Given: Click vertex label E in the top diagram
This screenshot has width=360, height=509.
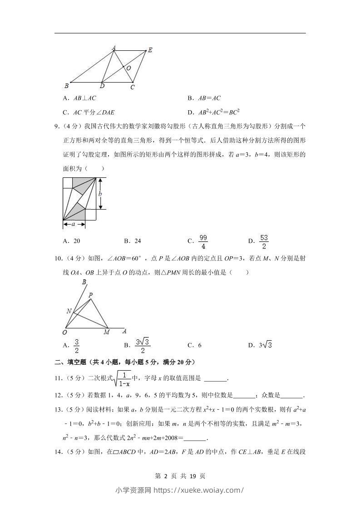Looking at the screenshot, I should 150,50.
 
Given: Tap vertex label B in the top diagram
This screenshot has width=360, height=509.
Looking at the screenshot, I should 66,85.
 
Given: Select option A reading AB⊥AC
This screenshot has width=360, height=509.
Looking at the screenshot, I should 80,98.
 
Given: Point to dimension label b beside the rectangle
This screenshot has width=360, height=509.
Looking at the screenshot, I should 100,194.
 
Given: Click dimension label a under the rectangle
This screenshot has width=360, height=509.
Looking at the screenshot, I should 73,224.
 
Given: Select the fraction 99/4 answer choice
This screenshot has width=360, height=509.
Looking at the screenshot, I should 203,241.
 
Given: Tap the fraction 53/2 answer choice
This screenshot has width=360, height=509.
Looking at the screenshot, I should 264,241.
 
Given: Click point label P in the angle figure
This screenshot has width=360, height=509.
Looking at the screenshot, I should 91,295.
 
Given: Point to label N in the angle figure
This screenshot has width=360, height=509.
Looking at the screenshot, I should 69,311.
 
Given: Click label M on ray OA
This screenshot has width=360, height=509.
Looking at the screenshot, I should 106,332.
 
